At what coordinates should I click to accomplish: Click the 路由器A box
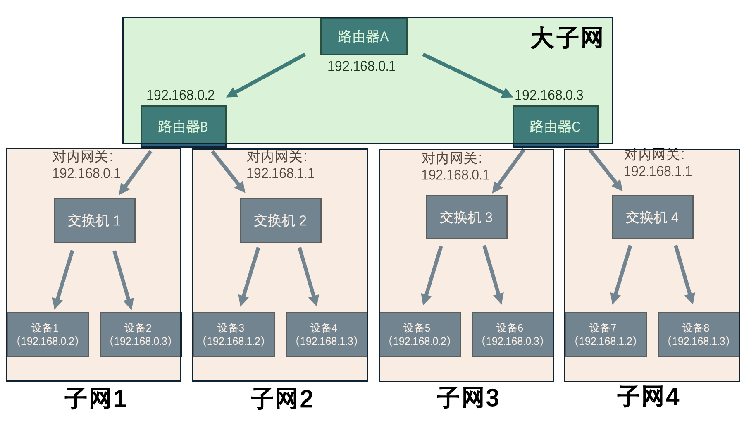coord(364,36)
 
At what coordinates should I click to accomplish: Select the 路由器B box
coord(183,126)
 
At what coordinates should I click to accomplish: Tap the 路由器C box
coord(555,126)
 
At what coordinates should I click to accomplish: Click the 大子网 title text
coord(566,38)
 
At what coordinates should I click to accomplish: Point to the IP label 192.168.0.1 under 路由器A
coord(361,66)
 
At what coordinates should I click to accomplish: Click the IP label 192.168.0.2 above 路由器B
coord(180,95)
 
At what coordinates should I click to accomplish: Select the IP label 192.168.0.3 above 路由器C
coord(549,95)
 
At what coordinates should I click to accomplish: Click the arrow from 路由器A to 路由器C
coord(467,75)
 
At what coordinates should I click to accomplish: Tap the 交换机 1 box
coord(94,220)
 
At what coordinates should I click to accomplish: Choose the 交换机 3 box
coord(466,217)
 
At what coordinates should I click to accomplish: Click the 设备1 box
coord(48,335)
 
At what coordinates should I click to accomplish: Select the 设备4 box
coord(327,335)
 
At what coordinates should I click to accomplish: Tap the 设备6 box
coord(513,335)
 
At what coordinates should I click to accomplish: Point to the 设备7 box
coord(606,335)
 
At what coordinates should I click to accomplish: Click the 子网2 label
coord(282,399)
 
